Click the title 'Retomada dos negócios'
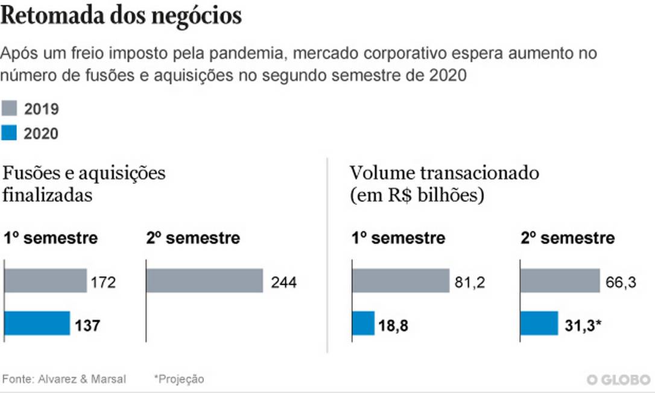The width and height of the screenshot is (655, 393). point(121,16)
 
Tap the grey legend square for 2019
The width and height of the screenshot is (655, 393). point(9,109)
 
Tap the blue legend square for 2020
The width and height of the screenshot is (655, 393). point(9,133)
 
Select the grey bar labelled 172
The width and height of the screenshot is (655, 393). point(46,281)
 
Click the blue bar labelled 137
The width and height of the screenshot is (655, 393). point(37,323)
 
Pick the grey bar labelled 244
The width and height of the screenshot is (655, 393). point(204,281)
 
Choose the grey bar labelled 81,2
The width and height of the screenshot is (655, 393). point(400,281)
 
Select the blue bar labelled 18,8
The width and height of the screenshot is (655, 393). point(363,323)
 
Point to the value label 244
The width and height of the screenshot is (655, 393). point(283,281)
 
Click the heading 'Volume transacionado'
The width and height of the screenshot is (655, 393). point(444,173)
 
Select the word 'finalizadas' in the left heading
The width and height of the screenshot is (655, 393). point(48,195)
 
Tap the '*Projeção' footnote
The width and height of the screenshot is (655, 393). point(179,379)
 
